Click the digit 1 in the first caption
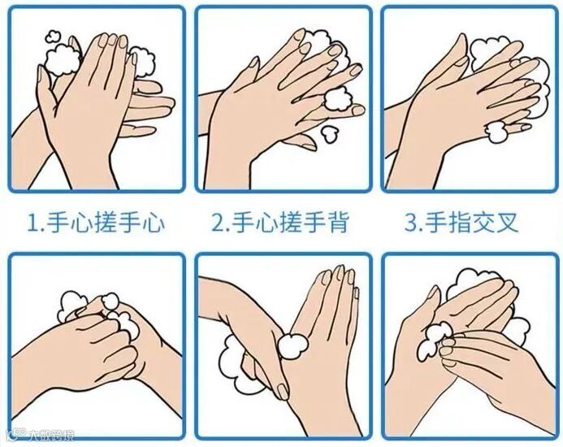[x=32, y=223]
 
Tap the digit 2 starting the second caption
[x=218, y=223]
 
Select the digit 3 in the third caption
[x=411, y=223]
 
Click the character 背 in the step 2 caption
[x=338, y=223]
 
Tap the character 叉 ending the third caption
[x=507, y=223]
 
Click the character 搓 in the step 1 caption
[x=107, y=223]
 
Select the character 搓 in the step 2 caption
[x=292, y=223]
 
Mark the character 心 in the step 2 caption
[x=268, y=223]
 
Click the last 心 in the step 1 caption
[x=154, y=223]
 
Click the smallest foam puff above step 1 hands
[x=53, y=36]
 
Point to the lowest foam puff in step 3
[x=495, y=132]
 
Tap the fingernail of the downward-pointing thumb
[x=283, y=391]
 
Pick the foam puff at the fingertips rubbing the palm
[x=433, y=340]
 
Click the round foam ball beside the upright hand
[x=293, y=346]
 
